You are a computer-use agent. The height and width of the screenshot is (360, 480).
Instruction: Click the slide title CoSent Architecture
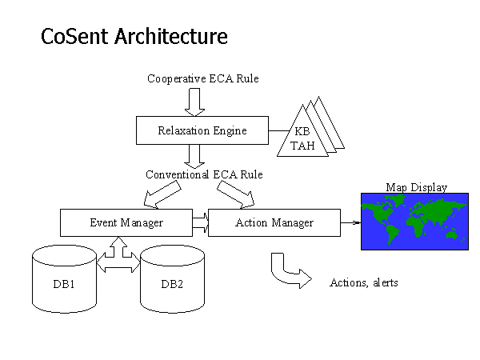134,37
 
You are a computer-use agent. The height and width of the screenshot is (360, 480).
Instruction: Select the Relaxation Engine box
202,130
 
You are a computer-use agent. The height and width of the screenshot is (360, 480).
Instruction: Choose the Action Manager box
274,222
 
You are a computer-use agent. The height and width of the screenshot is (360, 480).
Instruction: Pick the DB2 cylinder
172,282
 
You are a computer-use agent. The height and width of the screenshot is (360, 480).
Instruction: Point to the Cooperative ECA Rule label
202,78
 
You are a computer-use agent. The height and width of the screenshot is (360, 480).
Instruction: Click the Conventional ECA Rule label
204,174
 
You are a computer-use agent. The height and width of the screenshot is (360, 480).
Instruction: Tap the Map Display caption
416,187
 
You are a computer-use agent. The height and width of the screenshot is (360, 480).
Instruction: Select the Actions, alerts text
363,282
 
